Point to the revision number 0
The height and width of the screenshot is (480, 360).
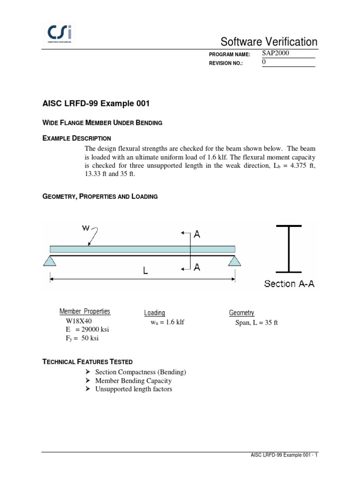click(263, 62)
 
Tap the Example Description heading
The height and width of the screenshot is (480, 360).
click(77, 138)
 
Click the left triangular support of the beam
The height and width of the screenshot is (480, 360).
click(50, 260)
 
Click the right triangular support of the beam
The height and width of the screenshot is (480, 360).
click(235, 260)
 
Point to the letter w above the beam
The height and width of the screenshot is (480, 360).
click(86, 228)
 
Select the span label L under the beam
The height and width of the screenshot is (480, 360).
click(146, 271)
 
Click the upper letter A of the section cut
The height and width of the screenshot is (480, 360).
click(197, 234)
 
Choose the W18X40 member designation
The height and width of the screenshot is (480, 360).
click(79, 322)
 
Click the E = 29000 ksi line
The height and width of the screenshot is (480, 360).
click(87, 330)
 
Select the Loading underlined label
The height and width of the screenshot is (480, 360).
click(154, 313)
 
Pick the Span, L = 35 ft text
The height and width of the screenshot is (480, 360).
click(256, 323)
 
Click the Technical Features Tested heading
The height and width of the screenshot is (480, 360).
click(88, 362)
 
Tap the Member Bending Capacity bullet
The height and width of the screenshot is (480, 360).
click(133, 381)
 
